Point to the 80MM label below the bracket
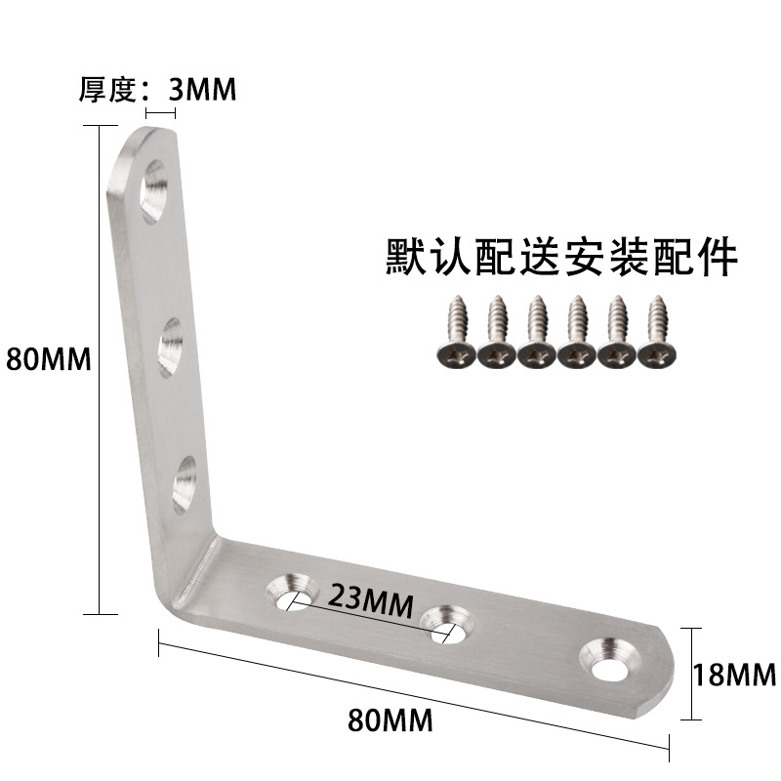[390, 722]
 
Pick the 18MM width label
[733, 675]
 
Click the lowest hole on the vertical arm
[184, 484]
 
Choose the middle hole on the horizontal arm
[446, 621]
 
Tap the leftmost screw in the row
[455, 332]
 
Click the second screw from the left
[496, 332]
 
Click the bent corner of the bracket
[190, 576]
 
